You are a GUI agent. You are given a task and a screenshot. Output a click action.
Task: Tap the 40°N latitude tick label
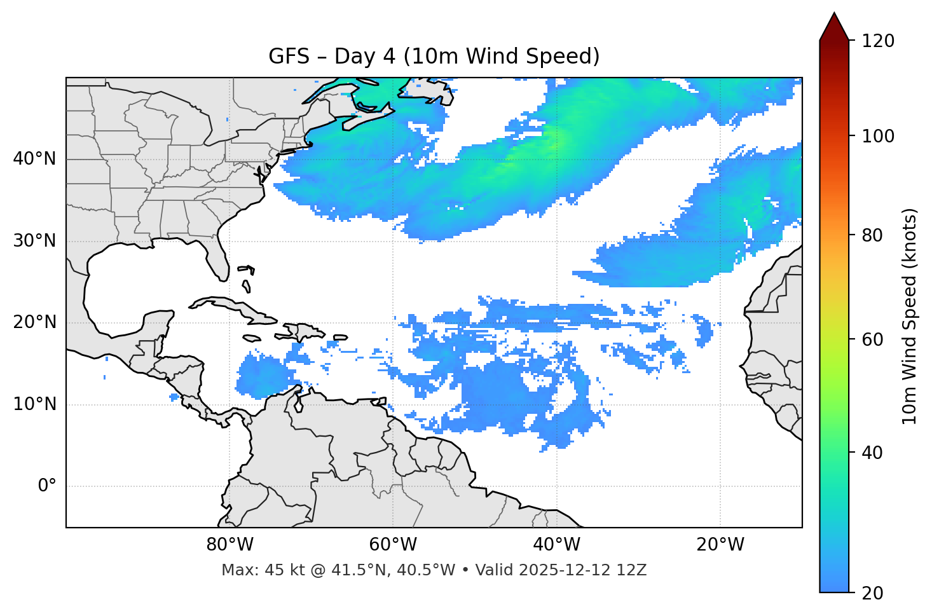pyautogui.click(x=34, y=159)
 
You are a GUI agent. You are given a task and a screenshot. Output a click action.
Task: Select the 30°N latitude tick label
pyautogui.click(x=34, y=241)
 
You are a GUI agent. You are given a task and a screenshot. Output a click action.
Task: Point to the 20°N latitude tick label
pyautogui.click(x=34, y=322)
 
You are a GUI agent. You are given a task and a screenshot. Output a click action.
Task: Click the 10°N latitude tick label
pyautogui.click(x=34, y=404)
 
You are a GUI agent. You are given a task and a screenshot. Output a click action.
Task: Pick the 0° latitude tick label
pyautogui.click(x=47, y=486)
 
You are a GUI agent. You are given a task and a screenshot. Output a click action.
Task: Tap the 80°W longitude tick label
pyautogui.click(x=230, y=545)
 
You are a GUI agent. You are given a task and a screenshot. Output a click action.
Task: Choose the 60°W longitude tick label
pyautogui.click(x=393, y=545)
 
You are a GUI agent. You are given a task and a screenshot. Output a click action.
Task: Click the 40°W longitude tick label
pyautogui.click(x=557, y=545)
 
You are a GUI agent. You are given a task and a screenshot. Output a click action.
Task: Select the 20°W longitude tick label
pyautogui.click(x=720, y=545)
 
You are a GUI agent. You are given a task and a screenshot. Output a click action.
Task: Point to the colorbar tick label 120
pyautogui.click(x=878, y=41)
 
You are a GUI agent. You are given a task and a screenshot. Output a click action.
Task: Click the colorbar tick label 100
pyautogui.click(x=878, y=136)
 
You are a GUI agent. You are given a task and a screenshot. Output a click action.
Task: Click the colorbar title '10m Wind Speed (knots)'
pyautogui.click(x=910, y=317)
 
